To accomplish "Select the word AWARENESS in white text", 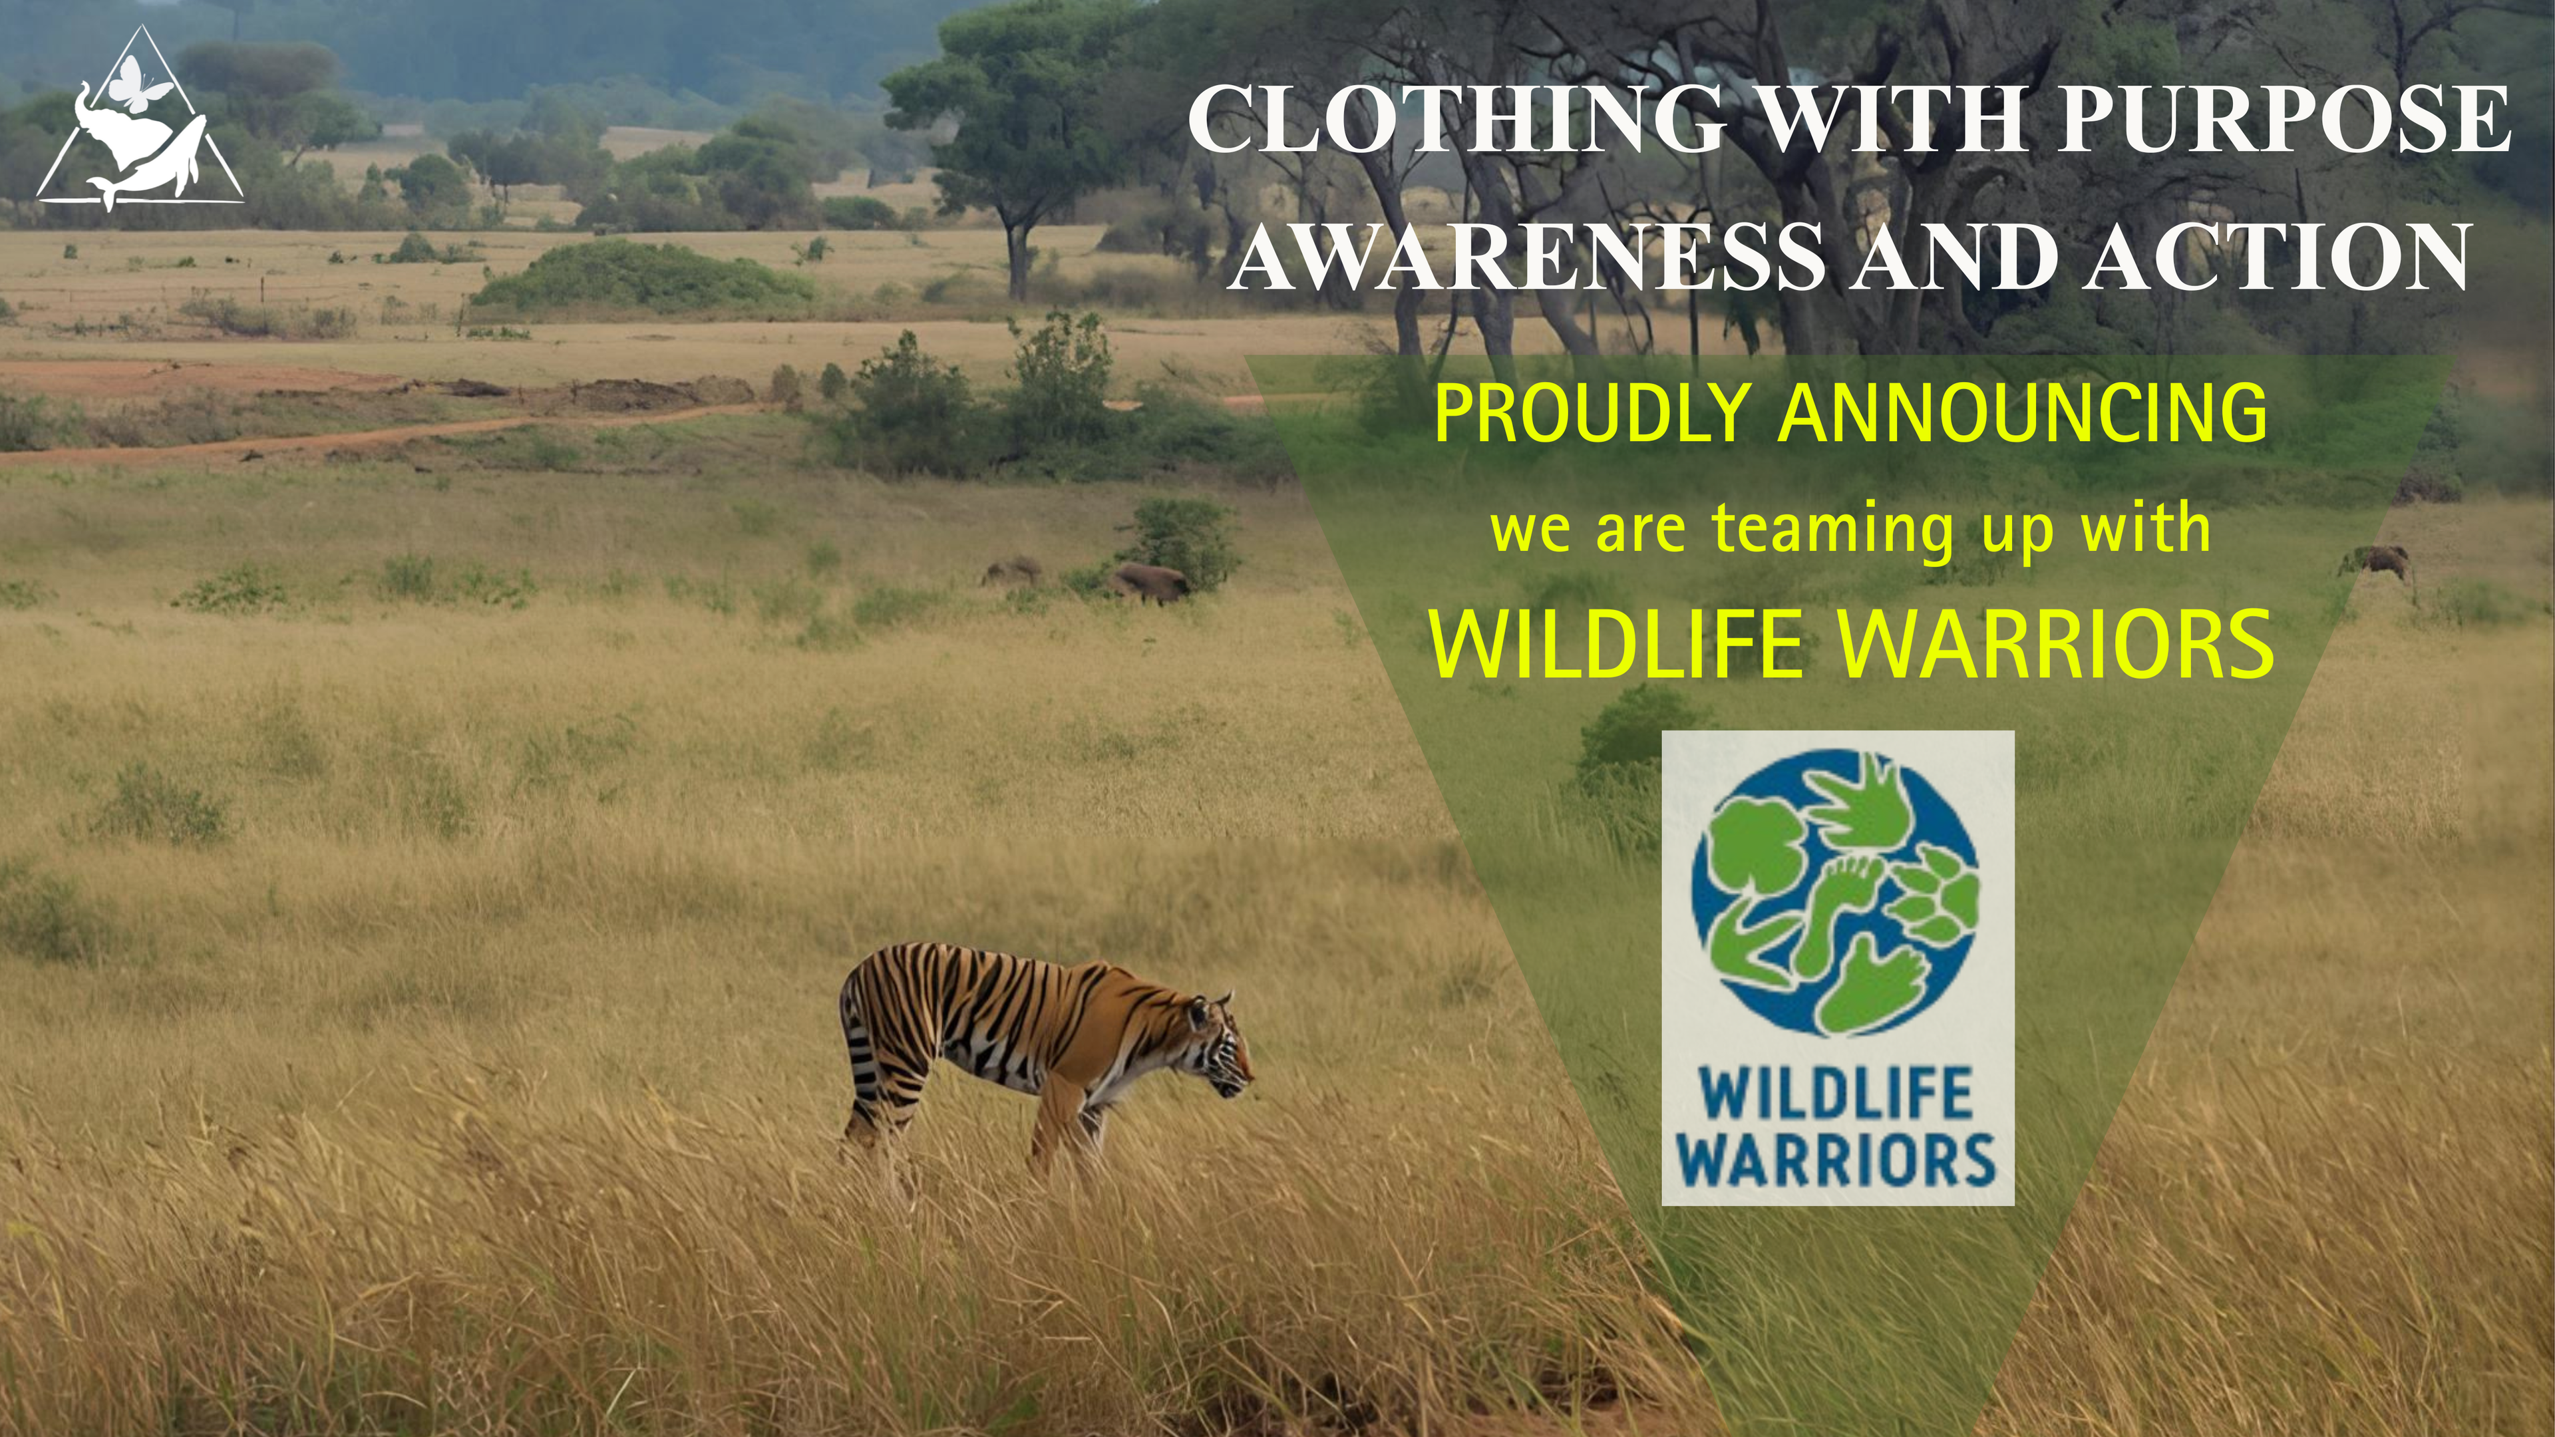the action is pos(1528,257).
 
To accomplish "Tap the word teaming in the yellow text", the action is pos(1833,532).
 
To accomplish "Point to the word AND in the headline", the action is pos(1954,257).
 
